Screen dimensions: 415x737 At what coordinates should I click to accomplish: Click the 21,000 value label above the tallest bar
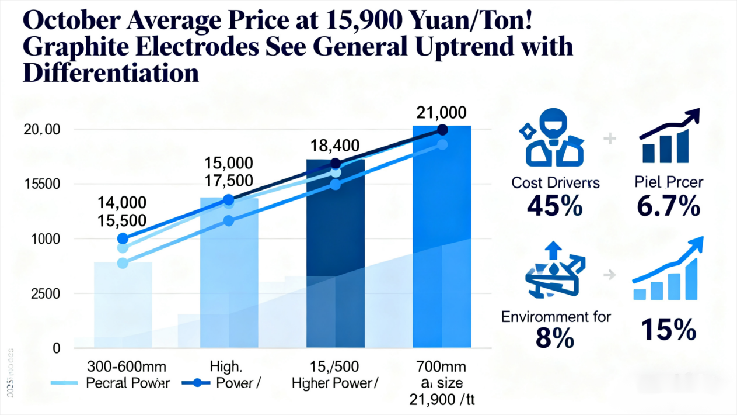pos(442,113)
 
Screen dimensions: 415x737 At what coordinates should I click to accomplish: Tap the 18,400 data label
pos(336,146)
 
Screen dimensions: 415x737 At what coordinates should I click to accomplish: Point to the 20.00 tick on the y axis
pos(40,130)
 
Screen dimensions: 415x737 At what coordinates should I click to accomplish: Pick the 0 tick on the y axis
pos(57,348)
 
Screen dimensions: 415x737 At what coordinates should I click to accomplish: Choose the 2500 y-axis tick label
pos(41,293)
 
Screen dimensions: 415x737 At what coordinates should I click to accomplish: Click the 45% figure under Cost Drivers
pos(555,206)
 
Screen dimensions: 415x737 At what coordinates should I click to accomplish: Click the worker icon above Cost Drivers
pos(551,141)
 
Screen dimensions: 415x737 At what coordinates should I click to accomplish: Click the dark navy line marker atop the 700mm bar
pos(442,130)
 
